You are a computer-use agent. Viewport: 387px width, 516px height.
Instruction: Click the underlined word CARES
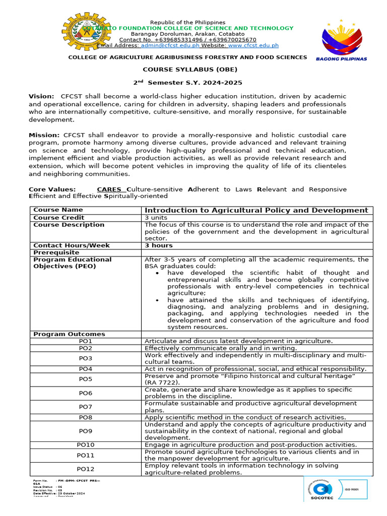click(109, 189)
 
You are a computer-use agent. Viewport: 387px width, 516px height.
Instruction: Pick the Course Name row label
click(58, 210)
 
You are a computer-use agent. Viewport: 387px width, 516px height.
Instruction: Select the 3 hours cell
click(158, 245)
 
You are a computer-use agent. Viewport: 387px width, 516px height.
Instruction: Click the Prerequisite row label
click(56, 252)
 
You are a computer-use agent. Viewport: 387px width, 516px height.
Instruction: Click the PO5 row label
click(86, 379)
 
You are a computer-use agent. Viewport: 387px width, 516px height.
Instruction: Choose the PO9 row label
click(86, 431)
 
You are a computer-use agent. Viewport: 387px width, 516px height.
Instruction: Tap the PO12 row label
click(86, 469)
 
